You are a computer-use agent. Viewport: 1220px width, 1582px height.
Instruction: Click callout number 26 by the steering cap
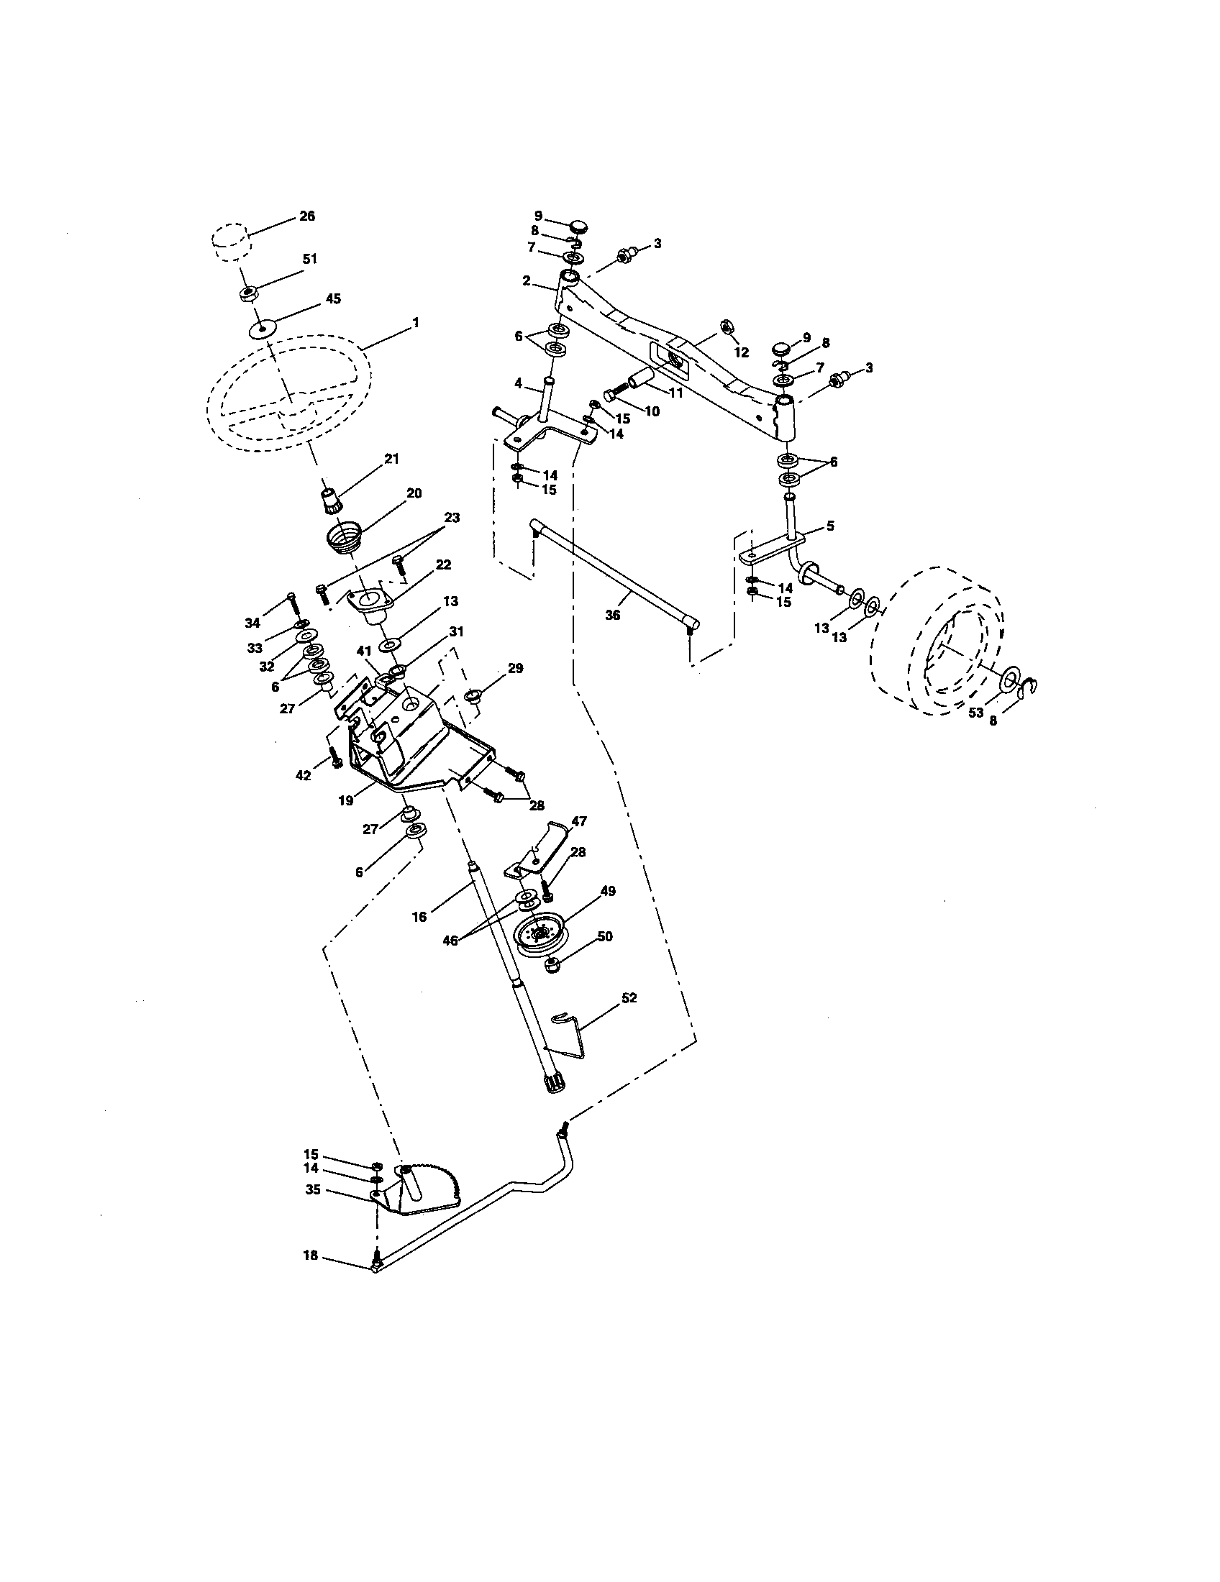tap(307, 216)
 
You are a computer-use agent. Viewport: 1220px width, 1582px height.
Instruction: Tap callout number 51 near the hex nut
tap(309, 259)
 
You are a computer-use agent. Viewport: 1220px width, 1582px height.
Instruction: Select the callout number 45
tap(332, 298)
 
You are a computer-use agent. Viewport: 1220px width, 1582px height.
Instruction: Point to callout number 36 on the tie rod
tap(612, 616)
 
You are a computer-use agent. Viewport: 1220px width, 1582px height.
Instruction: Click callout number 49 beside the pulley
tap(608, 891)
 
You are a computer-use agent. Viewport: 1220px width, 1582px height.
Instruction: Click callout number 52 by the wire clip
tap(629, 997)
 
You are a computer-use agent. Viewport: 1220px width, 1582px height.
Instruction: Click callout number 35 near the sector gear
tap(312, 1189)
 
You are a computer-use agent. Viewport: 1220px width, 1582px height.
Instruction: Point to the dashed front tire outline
tap(939, 641)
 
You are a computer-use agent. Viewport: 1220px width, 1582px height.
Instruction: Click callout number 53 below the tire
tap(976, 712)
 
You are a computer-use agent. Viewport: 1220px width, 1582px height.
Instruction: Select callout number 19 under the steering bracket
tap(345, 800)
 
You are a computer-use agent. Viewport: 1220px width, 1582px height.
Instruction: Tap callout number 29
tap(515, 668)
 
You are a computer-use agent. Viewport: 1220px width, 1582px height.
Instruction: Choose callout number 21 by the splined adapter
tap(391, 459)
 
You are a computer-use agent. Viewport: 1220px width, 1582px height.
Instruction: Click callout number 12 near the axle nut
tap(740, 353)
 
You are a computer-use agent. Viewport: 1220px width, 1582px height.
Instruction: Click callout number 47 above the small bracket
tap(579, 820)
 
